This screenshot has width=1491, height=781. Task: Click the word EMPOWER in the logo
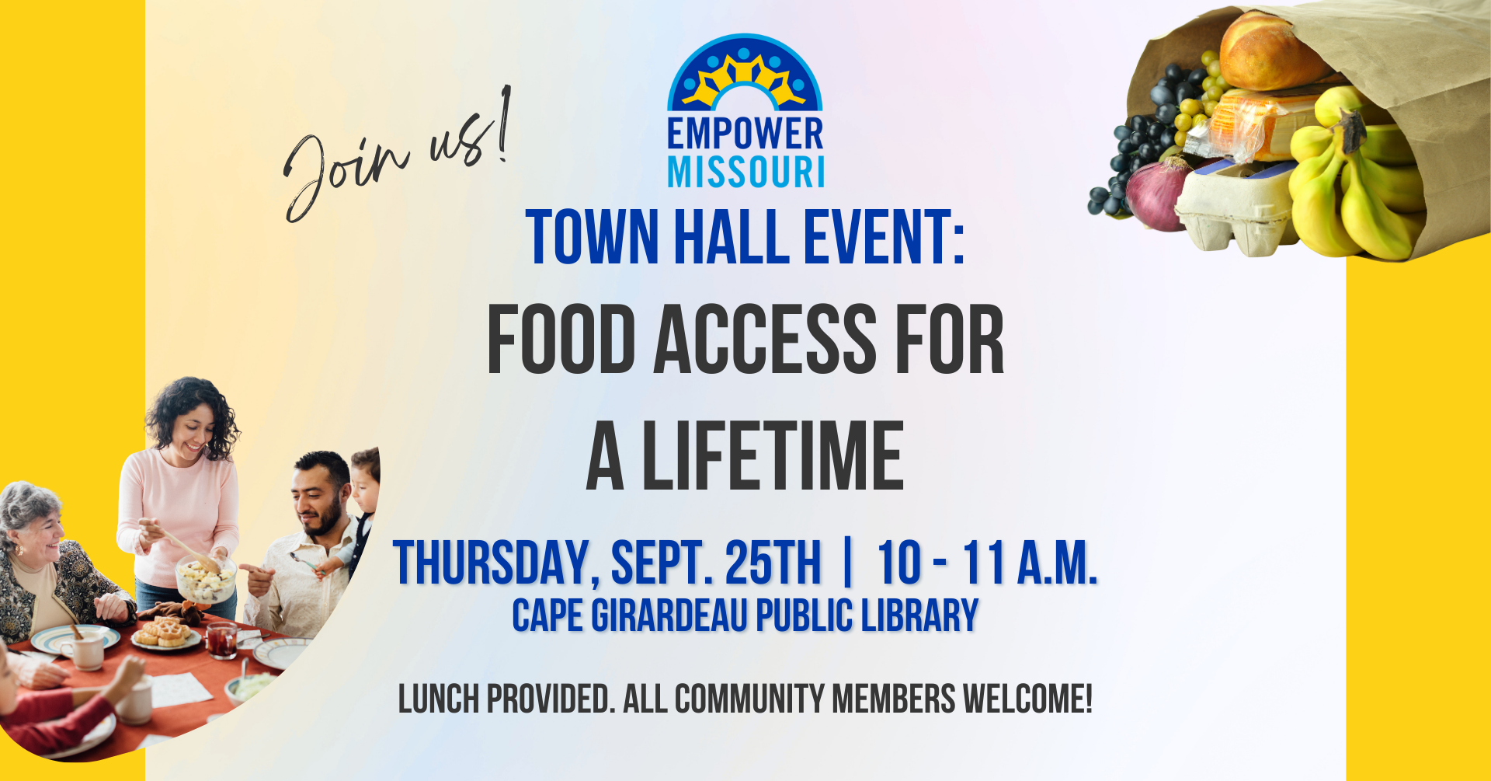pyautogui.click(x=745, y=134)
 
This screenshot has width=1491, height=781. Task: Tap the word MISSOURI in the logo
pyautogui.click(x=746, y=172)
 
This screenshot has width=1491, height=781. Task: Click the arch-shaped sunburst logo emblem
pyautogui.click(x=745, y=72)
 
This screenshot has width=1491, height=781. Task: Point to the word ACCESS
pyautogui.click(x=766, y=339)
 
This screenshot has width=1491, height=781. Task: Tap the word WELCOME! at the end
pyautogui.click(x=1027, y=699)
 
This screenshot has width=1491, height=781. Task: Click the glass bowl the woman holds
pyautogui.click(x=205, y=579)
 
